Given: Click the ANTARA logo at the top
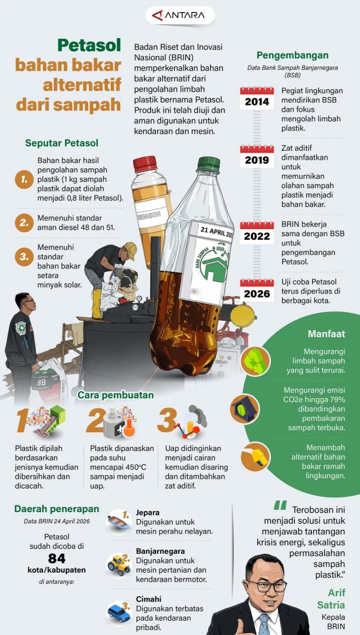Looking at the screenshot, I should pos(179,15).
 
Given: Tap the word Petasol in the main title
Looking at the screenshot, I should pos(89,45).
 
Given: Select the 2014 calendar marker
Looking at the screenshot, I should pos(257,98).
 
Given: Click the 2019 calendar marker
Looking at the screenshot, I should pos(257,157).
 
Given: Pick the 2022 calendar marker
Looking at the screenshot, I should pos(257,233).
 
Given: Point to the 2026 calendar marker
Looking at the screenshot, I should pos(257,290).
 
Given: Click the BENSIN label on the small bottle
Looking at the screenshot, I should pos(149,215).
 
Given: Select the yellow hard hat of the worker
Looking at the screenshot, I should pos(131,250).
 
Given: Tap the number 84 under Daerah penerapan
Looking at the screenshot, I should pos(57,559).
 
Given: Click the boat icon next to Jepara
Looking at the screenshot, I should pos(118,521).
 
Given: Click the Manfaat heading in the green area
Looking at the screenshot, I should pos(326,334).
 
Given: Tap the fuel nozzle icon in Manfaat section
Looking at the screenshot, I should pos(256,457).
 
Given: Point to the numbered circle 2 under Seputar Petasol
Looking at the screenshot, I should pos(24,223).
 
